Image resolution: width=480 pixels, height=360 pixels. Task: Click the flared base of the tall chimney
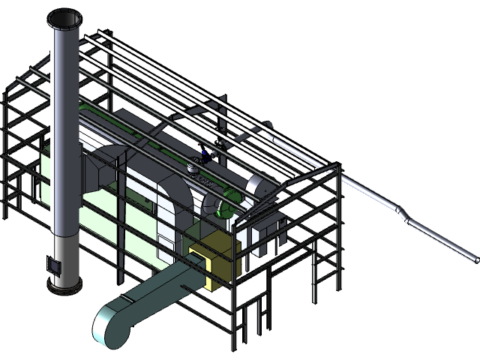[x=65, y=281]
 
